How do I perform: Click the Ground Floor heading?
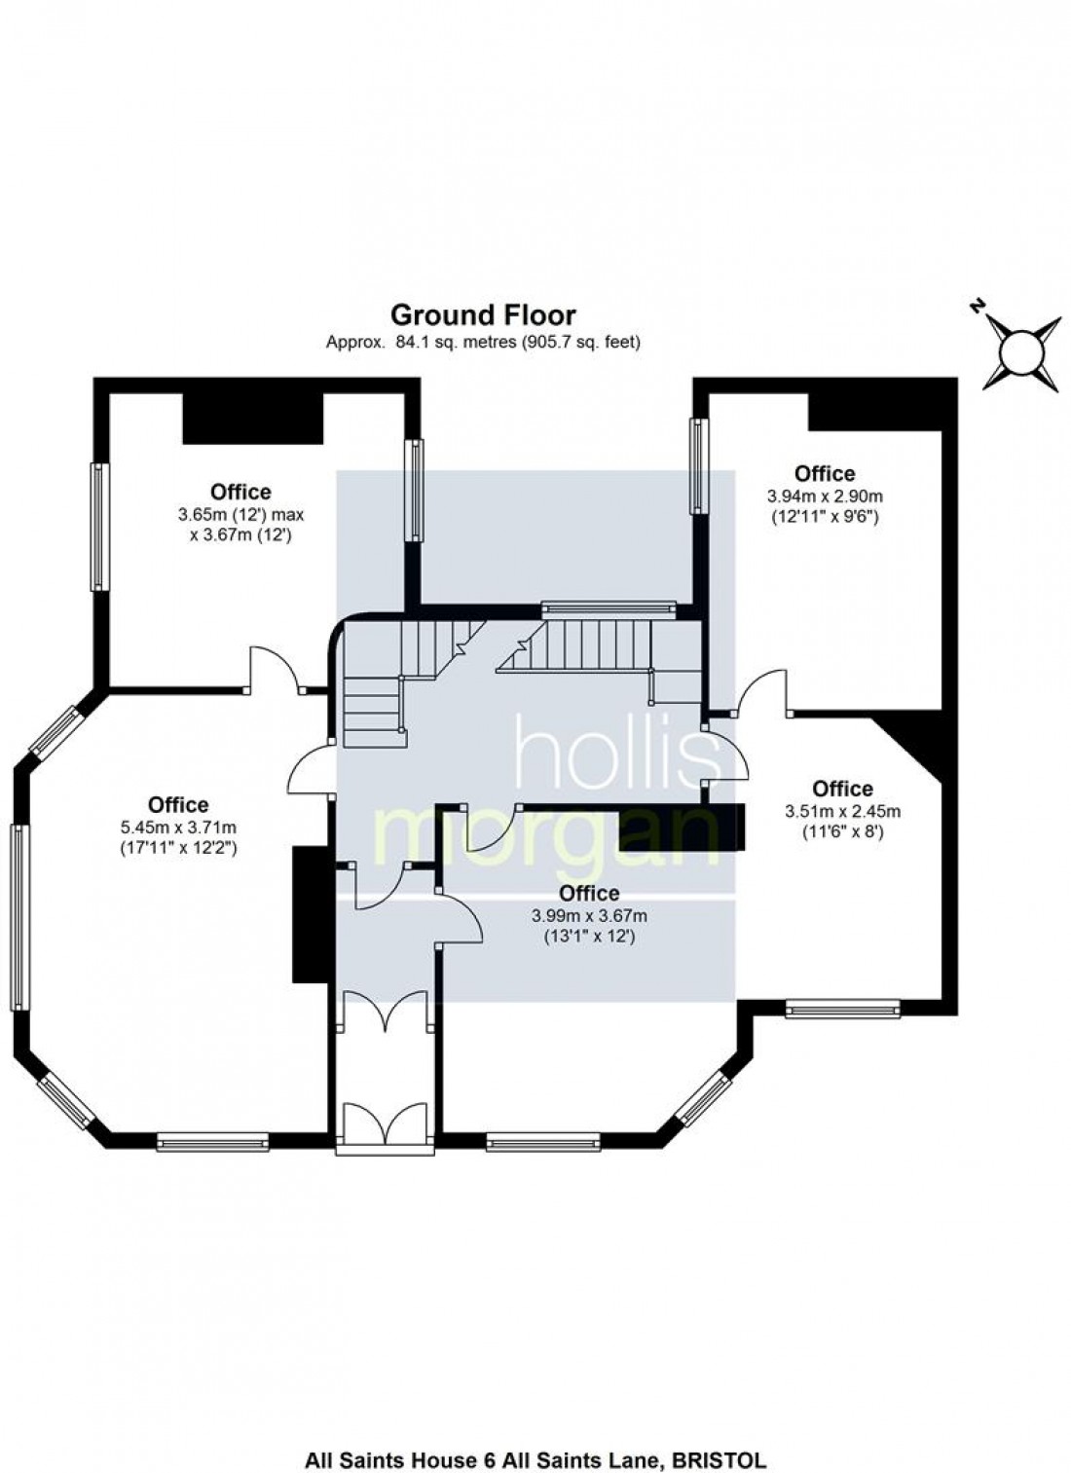(x=483, y=315)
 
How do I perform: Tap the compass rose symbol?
(x=1020, y=353)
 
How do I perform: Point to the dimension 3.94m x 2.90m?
(x=825, y=495)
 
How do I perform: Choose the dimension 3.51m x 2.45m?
(x=843, y=811)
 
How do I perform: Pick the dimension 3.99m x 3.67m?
(x=588, y=915)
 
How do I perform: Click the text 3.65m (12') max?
(x=240, y=514)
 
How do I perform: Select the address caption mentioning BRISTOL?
(x=535, y=1460)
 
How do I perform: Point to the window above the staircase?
(x=609, y=608)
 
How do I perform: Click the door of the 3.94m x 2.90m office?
(x=761, y=690)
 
